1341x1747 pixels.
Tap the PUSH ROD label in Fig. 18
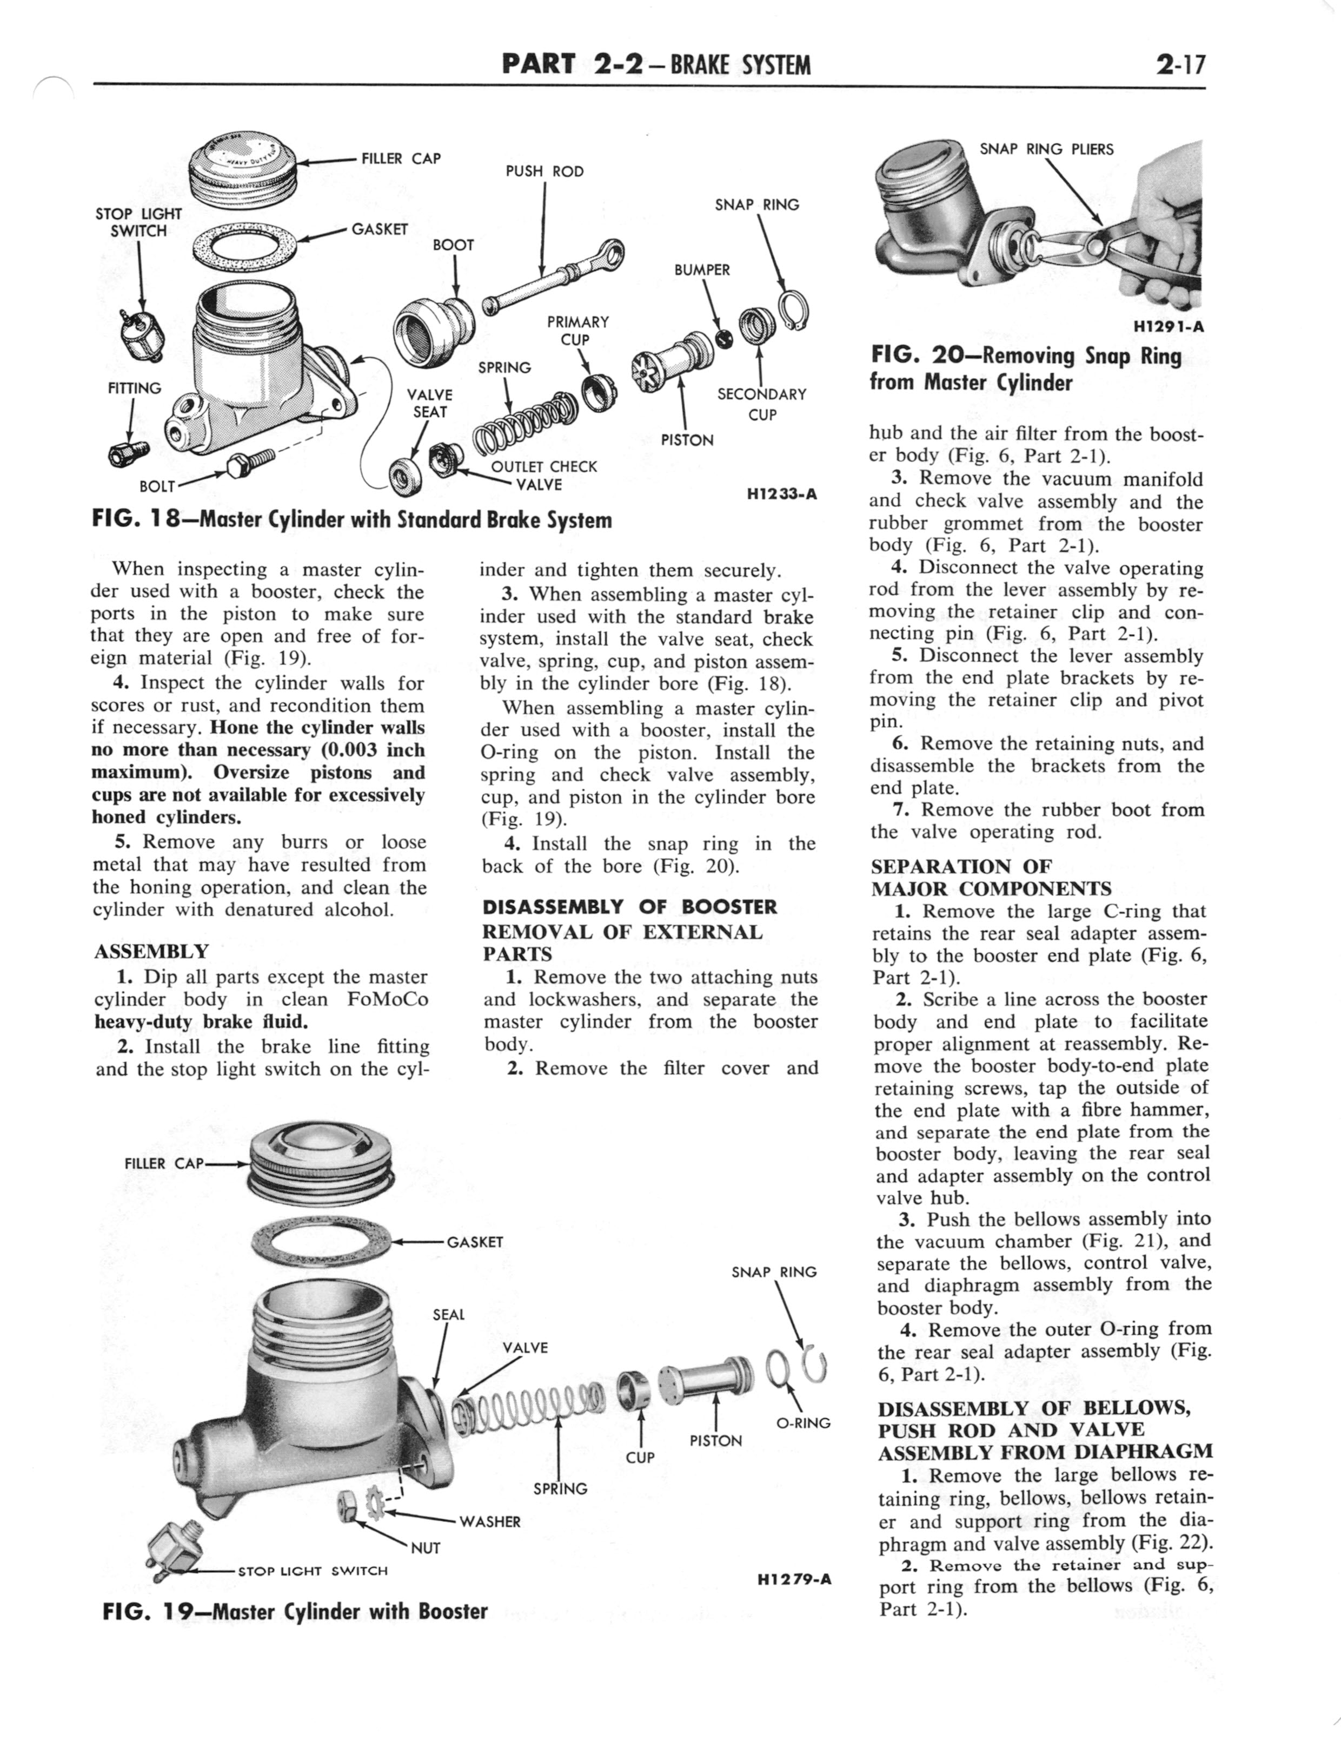pos(545,171)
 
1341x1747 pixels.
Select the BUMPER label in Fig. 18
pos(702,270)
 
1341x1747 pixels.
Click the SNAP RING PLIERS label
pos(1046,149)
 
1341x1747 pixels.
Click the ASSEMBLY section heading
pos(151,952)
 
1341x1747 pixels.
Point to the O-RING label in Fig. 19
pos(803,1423)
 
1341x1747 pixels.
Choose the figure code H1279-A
pos(791,1579)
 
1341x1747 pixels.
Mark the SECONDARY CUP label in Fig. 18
pos(761,404)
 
